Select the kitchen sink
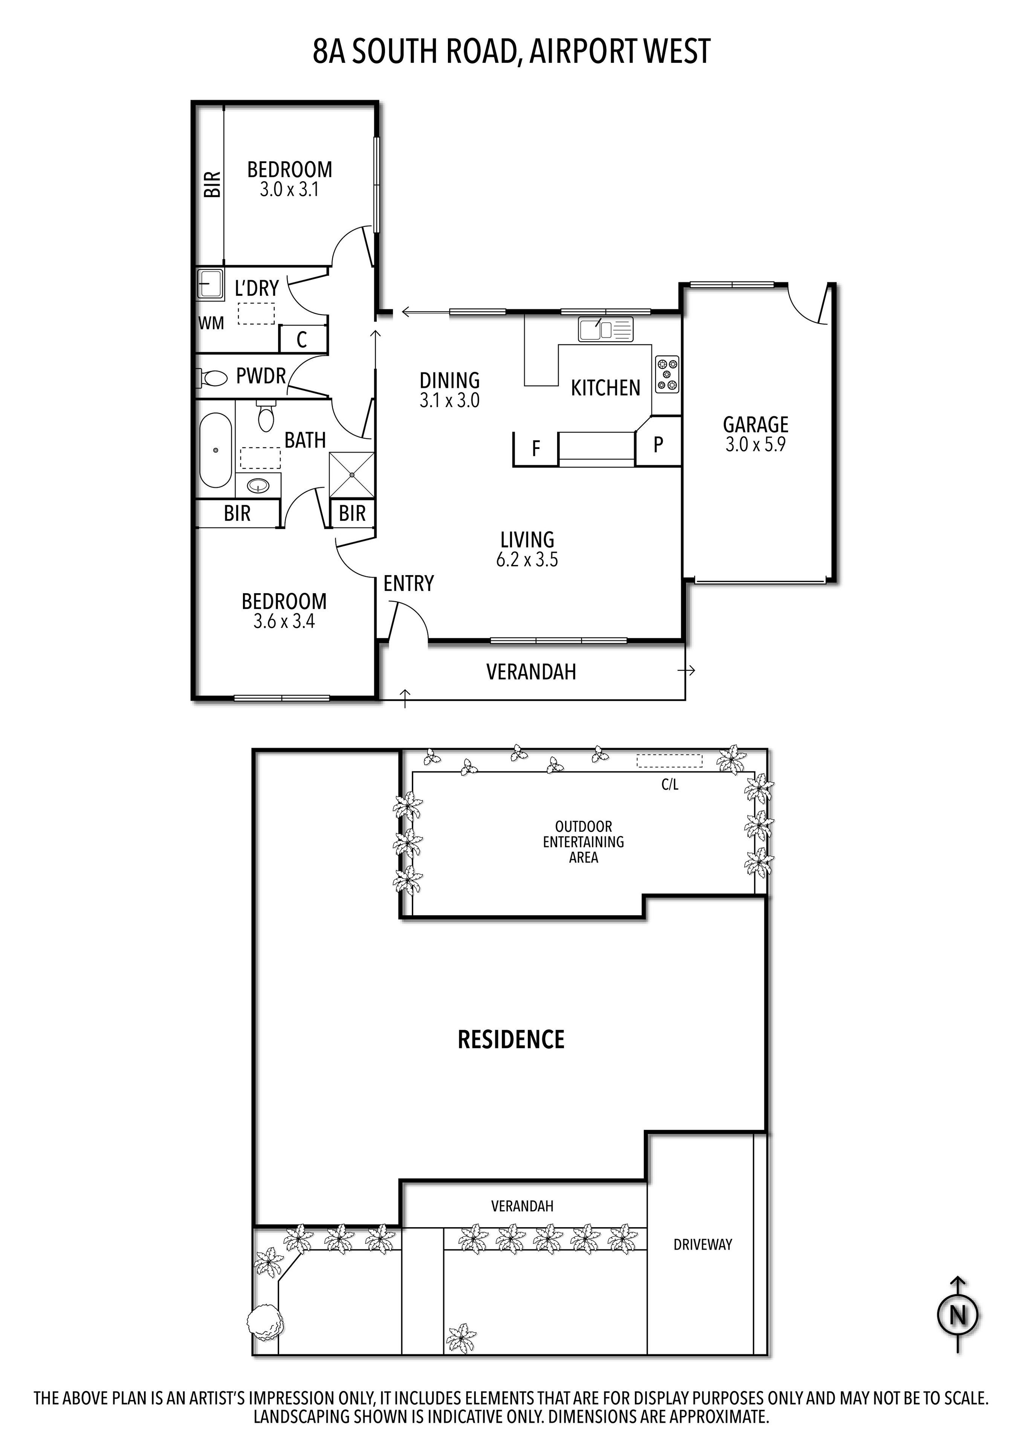605,329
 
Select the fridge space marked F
536,448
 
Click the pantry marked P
658,444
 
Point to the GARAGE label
756,424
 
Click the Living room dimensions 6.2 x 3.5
527,559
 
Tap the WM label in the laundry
211,323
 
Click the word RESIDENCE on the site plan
511,1039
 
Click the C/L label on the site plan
670,785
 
